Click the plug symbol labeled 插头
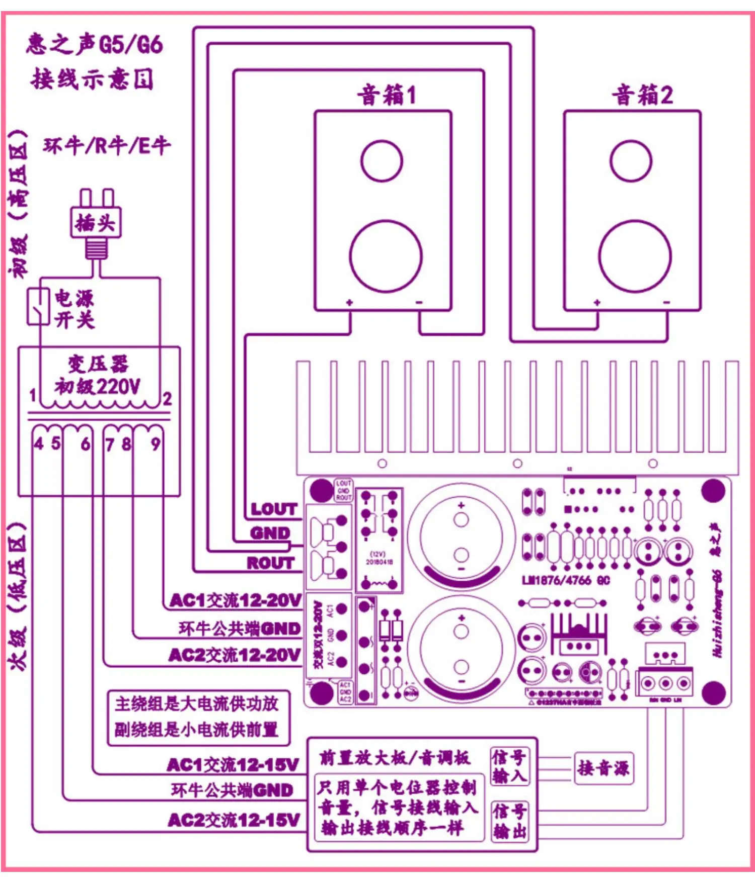point(96,222)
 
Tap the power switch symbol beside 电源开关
point(38,306)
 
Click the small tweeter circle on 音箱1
point(382,161)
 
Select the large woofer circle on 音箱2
point(635,256)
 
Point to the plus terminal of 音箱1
point(349,303)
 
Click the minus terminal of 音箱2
point(666,303)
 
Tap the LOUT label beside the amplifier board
point(274,509)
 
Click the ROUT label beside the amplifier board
point(270,563)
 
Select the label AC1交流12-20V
point(236,600)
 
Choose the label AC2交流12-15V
point(234,820)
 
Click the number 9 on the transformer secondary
point(156,444)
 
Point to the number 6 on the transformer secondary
point(86,444)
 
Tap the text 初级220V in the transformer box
point(98,386)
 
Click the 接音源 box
point(603,768)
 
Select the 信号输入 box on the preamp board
point(509,766)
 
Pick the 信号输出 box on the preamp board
point(509,821)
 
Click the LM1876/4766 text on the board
point(566,580)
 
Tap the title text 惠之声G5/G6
point(95,44)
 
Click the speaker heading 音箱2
point(642,95)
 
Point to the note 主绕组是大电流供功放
point(196,703)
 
